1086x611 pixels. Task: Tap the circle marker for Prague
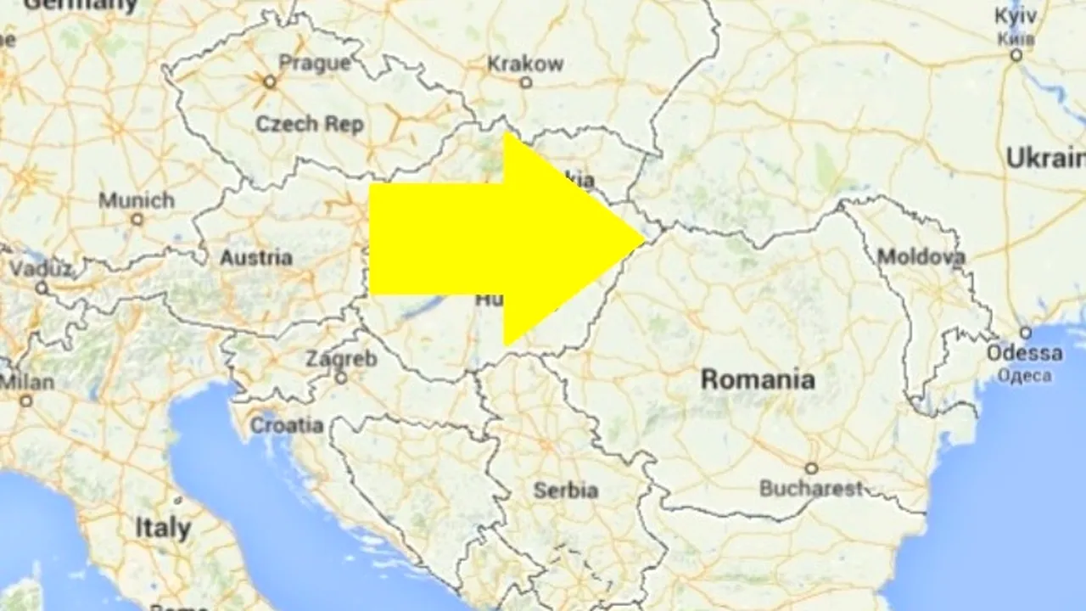270,82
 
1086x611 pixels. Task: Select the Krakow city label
525,63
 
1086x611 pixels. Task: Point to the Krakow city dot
525,82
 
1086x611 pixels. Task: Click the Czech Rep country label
310,124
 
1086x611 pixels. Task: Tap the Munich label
137,201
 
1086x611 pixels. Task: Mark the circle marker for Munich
137,219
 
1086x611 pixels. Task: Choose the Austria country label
256,257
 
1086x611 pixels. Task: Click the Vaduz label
41,268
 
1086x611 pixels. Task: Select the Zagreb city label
341,358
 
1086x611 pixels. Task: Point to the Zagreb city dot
341,378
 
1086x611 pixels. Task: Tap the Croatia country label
287,425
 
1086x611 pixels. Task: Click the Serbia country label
566,490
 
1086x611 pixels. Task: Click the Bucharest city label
810,489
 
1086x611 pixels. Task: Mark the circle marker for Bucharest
811,468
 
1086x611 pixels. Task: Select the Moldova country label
921,256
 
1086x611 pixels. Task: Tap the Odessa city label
1025,352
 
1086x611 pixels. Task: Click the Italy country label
163,528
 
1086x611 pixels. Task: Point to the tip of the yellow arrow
645,238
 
